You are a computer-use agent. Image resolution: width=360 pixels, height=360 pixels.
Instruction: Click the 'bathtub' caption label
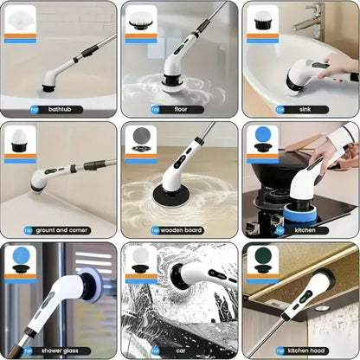click(59, 110)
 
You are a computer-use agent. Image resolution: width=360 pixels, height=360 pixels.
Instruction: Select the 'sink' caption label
click(292, 110)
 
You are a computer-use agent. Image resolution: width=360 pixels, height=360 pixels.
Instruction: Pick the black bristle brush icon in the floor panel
click(140, 20)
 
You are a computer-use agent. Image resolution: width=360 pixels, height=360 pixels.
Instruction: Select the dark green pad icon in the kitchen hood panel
click(261, 260)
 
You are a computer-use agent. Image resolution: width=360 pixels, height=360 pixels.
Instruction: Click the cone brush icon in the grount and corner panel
click(20, 140)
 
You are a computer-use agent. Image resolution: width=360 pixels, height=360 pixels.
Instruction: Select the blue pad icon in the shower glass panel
click(20, 260)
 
